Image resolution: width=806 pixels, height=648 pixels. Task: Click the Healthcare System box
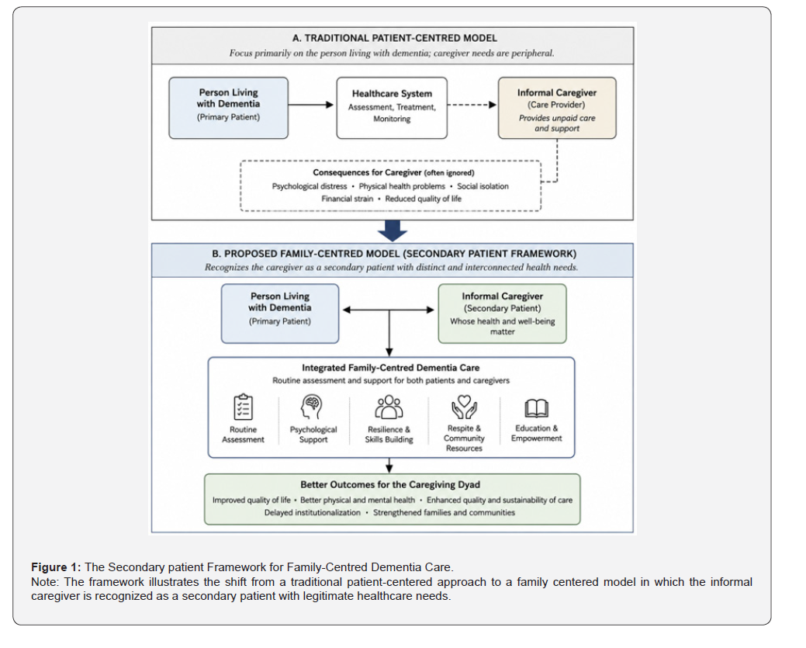(392, 108)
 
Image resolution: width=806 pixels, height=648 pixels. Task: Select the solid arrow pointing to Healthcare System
(311, 105)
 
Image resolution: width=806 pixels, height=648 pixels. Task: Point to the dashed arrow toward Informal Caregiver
(472, 105)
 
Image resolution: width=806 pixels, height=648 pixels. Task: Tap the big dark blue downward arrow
(393, 231)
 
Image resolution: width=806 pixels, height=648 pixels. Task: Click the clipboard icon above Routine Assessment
(243, 407)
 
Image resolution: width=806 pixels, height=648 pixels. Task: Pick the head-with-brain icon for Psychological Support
(313, 407)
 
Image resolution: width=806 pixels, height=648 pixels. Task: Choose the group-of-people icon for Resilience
(389, 407)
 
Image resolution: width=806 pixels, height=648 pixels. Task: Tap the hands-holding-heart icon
(464, 407)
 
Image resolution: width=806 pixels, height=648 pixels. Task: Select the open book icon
(537, 408)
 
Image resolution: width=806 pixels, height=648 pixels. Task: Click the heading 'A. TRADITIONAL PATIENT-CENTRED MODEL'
(395, 38)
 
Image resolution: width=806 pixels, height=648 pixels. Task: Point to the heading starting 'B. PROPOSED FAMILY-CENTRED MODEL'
(394, 254)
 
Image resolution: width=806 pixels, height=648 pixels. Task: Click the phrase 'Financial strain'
(348, 199)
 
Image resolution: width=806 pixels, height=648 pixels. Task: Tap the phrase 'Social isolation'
(483, 186)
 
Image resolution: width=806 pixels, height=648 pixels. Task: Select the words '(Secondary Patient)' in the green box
(502, 308)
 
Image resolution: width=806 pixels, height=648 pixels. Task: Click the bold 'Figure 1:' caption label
(56, 567)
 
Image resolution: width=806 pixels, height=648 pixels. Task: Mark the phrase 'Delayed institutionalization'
(313, 512)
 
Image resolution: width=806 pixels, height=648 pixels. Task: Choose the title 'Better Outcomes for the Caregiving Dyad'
(390, 484)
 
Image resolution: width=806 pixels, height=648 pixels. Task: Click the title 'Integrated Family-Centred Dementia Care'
(391, 368)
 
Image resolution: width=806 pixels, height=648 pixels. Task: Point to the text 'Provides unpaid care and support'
(557, 123)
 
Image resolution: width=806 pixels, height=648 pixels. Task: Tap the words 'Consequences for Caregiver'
(367, 172)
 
